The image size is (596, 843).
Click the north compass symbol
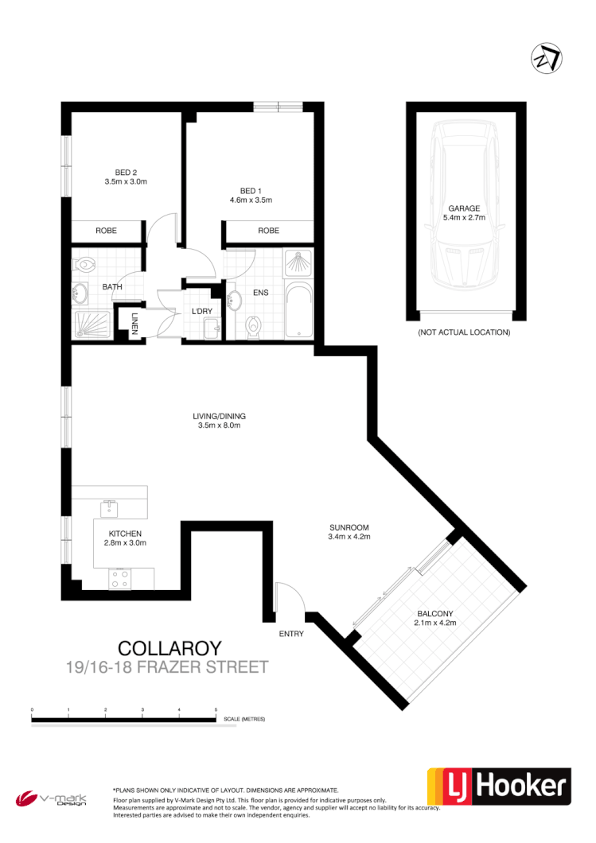(x=546, y=59)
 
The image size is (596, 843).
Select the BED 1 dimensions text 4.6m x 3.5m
(x=251, y=200)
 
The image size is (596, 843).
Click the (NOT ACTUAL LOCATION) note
(x=463, y=332)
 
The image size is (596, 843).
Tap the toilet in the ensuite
(x=254, y=325)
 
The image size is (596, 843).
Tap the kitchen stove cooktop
(x=120, y=580)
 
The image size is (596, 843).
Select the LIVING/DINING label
(x=219, y=416)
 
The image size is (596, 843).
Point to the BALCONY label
(x=434, y=613)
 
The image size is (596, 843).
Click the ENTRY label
(x=290, y=634)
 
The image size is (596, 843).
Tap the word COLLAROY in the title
(x=169, y=649)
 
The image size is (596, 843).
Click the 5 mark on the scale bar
(x=216, y=708)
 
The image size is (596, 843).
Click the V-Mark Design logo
(x=53, y=797)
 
